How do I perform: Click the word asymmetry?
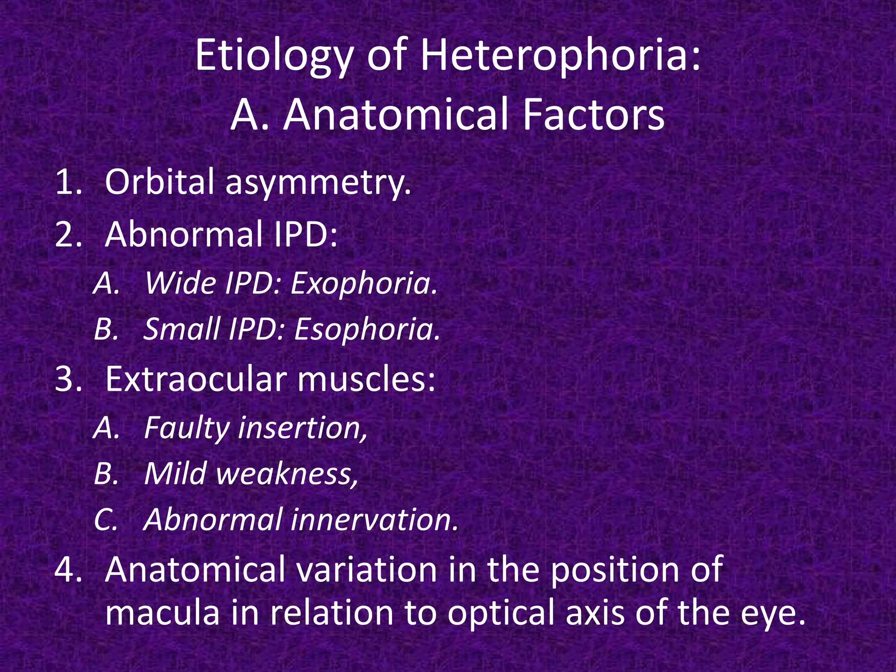(x=318, y=184)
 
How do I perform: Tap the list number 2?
(x=68, y=235)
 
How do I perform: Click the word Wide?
(x=180, y=283)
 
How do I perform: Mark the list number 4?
(x=68, y=570)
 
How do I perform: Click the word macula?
(x=162, y=613)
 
